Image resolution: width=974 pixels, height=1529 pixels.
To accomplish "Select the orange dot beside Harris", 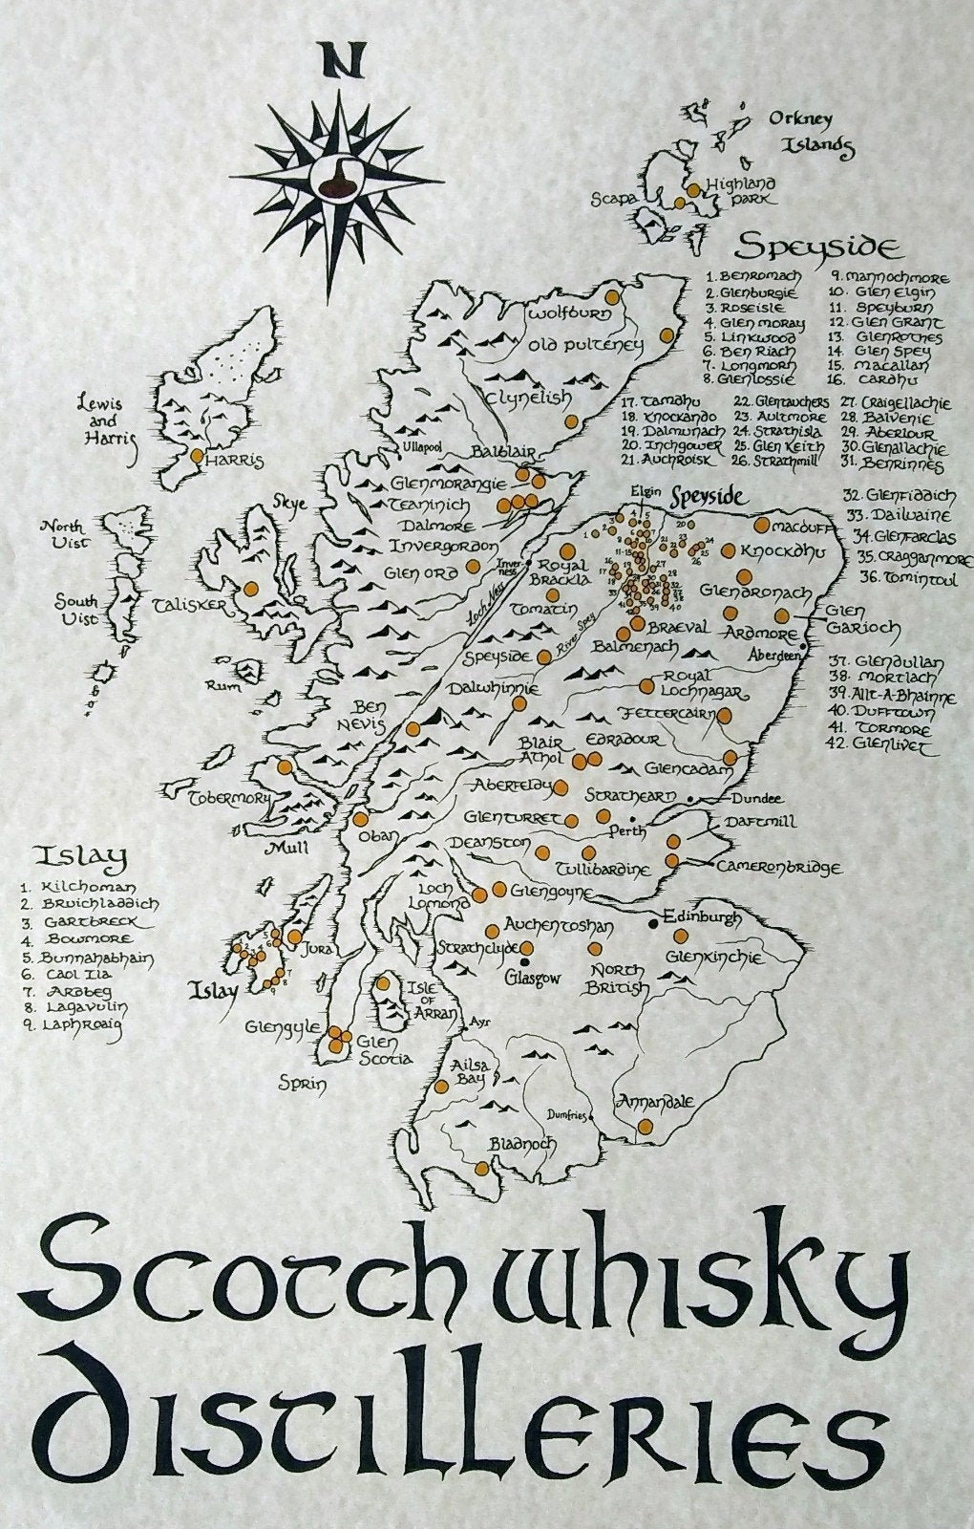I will pos(198,457).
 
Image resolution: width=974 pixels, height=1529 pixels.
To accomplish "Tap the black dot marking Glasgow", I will pos(524,949).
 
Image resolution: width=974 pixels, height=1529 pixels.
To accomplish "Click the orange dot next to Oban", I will pos(360,819).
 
